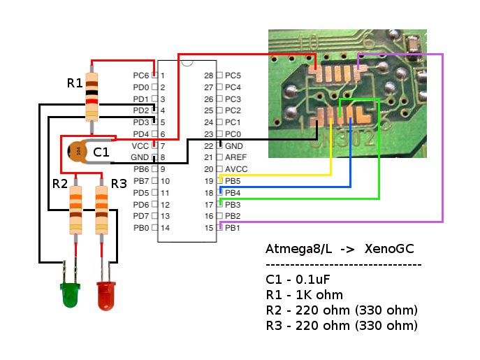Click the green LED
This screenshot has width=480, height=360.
pos(69,294)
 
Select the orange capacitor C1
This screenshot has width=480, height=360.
pos(78,150)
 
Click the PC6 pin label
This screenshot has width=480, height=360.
pos(140,75)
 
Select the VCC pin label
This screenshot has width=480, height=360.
pos(140,146)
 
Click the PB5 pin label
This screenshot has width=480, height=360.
pos(233,181)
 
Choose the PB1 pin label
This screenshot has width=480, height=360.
pos(233,228)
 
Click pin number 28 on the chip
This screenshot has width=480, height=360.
pos(208,75)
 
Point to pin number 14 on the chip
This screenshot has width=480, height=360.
pos(166,228)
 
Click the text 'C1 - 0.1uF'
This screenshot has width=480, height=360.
pos(298,280)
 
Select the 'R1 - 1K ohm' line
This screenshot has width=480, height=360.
pos(304,295)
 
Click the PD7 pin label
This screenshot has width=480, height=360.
pos(140,216)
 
